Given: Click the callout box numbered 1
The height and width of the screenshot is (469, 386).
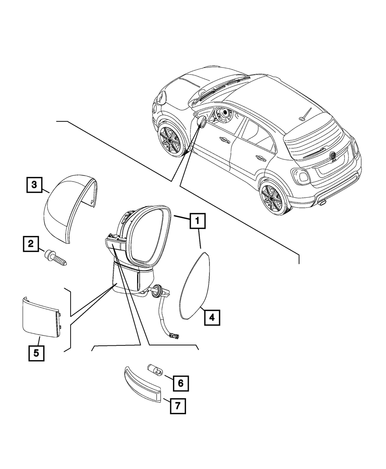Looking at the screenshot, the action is [x=197, y=221].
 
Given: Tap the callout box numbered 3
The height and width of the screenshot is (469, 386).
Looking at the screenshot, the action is [x=34, y=185].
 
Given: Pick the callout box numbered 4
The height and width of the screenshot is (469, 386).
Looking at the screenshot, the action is [x=211, y=317].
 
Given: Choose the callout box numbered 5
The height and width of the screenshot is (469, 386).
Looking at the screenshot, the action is [x=36, y=353].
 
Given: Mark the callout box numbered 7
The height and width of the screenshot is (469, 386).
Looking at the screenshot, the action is [x=177, y=406].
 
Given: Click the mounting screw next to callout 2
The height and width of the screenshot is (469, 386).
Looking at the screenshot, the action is [x=56, y=257].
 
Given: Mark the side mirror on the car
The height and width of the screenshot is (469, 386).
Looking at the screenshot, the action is [x=202, y=122].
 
